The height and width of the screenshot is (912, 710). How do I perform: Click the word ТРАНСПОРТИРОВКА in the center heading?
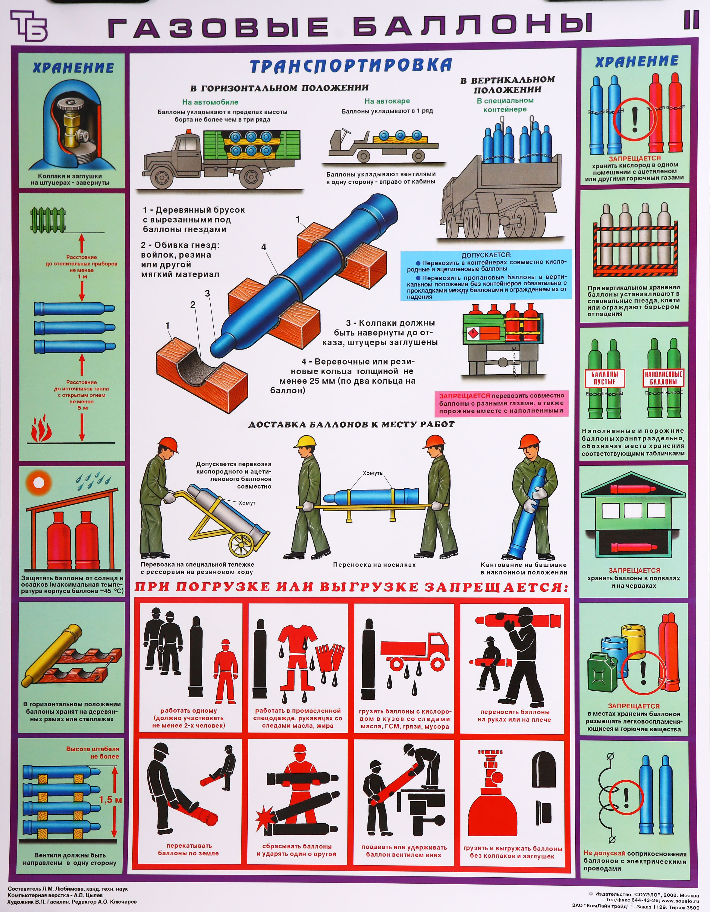[x=350, y=65]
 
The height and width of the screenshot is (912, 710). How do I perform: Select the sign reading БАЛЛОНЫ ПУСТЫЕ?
[x=605, y=378]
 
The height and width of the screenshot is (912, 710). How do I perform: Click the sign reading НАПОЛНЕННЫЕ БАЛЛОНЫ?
[x=663, y=378]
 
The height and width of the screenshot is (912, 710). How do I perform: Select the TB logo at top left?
[x=28, y=26]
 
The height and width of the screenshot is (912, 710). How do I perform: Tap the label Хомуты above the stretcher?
[x=373, y=473]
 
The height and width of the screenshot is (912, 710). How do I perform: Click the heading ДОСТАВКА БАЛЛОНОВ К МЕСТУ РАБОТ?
[x=352, y=424]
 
